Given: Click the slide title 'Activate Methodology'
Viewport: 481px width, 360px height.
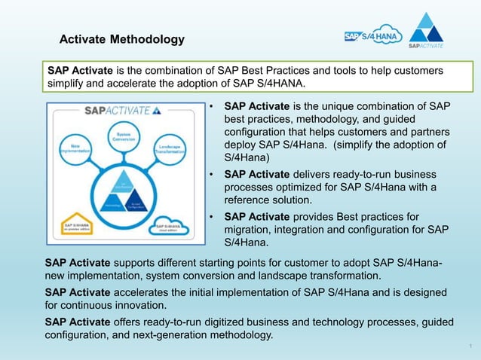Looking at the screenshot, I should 121,39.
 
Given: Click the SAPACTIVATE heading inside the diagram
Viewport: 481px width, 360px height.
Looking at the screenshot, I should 121,111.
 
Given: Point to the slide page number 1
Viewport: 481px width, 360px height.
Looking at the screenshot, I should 470,346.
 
